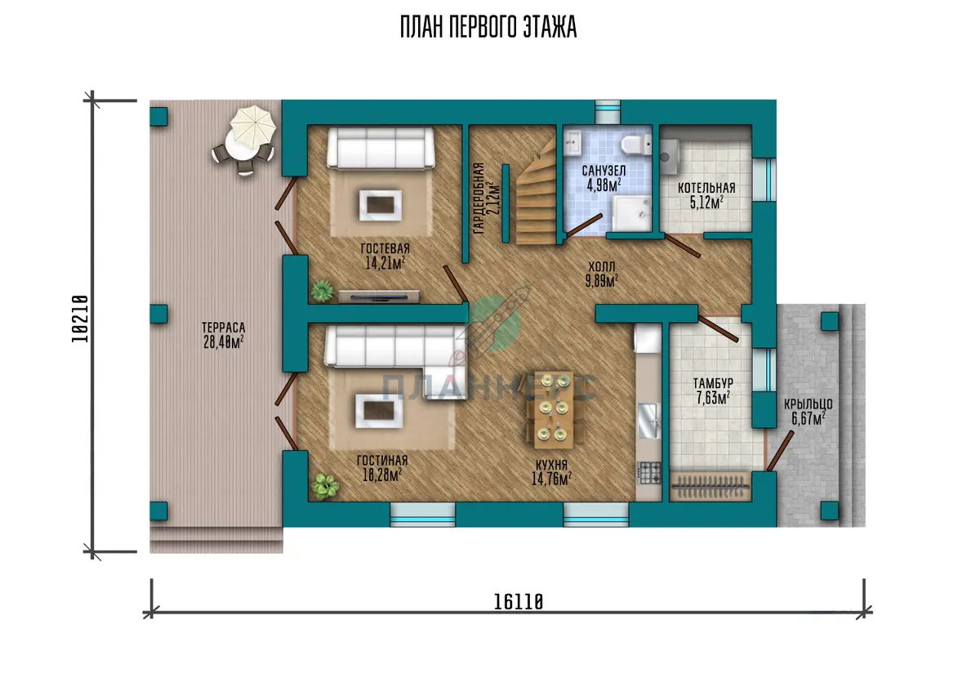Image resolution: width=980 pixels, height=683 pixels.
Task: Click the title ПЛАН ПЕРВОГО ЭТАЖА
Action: tap(488, 28)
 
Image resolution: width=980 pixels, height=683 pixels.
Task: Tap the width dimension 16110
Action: tap(519, 602)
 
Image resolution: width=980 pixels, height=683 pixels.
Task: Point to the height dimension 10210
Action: tap(80, 319)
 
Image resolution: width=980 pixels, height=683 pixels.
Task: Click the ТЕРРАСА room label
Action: tap(223, 328)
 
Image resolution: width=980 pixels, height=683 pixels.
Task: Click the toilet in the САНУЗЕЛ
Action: tap(635, 145)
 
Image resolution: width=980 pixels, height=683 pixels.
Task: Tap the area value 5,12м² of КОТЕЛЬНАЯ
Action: tap(706, 203)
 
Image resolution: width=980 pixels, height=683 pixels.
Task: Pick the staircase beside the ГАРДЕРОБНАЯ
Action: tap(536, 193)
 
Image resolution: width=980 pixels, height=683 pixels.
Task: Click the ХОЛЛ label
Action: tap(602, 266)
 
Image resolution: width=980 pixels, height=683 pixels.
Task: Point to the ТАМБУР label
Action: tap(713, 384)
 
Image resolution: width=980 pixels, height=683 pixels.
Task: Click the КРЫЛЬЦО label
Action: tap(808, 404)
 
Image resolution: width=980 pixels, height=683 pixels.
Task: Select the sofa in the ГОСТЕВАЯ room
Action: tap(381, 148)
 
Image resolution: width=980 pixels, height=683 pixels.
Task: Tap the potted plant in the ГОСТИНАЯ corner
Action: tap(325, 486)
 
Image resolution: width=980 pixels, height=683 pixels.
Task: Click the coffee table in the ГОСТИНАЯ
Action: tap(379, 411)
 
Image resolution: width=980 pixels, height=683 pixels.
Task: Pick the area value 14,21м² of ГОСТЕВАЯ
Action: tap(385, 263)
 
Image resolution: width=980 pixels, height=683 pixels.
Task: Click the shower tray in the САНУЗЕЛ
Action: tap(631, 213)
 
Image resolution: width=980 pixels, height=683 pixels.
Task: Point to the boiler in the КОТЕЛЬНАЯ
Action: tap(670, 157)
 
